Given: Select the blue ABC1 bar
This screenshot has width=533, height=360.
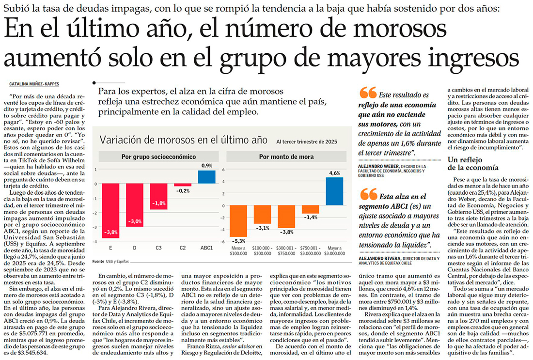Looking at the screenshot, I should [x=206, y=176].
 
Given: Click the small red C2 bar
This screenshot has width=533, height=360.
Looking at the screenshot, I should [x=183, y=185].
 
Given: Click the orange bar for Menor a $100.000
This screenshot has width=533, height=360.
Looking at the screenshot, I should [x=239, y=220].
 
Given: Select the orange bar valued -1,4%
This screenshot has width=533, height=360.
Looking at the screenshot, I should [x=311, y=209].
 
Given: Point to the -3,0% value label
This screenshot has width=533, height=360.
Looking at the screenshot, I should [x=135, y=222].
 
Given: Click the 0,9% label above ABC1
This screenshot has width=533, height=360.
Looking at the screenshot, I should [x=207, y=166].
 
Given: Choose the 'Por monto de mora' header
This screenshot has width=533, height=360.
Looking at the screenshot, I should [x=286, y=157].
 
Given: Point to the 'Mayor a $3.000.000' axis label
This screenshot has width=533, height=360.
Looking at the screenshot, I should [x=334, y=250].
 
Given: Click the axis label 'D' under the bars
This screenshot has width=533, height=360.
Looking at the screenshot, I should [x=135, y=249].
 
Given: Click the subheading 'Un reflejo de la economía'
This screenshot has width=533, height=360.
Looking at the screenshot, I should [x=472, y=163].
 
